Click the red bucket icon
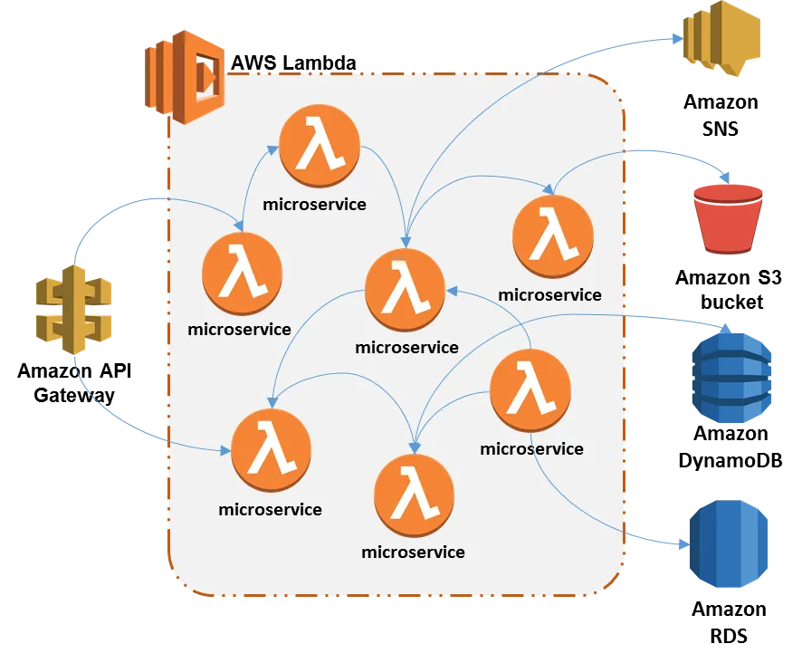click(729, 217)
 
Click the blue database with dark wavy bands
click(731, 379)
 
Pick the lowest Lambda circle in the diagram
click(414, 495)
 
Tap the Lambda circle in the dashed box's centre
click(406, 290)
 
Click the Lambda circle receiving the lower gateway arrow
click(272, 450)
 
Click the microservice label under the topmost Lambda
click(314, 204)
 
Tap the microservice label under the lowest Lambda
click(413, 552)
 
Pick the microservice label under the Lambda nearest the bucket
click(549, 294)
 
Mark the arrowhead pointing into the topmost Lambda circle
click(274, 148)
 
